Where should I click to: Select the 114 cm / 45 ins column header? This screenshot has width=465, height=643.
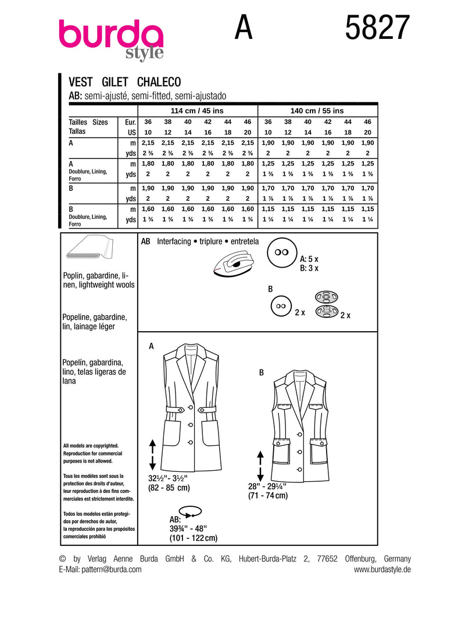coord(197,111)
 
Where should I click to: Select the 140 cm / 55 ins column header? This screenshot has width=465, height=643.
coord(317,111)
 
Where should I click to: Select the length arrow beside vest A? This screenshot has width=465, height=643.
coord(152,454)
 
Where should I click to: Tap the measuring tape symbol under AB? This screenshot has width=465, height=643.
coord(189,512)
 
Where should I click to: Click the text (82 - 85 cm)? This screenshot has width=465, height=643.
coord(170,488)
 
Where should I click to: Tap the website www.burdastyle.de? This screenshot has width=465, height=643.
coord(382,570)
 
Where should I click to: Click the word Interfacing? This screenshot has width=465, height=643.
coord(173,241)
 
